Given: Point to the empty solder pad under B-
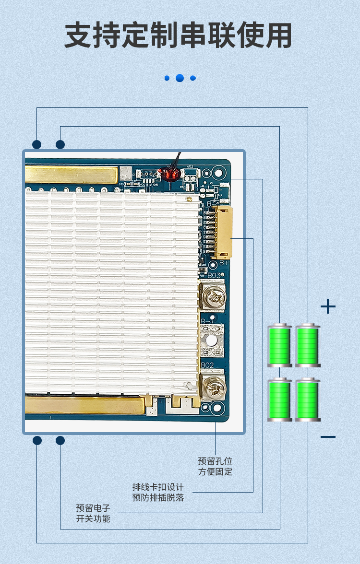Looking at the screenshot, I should click(211, 340).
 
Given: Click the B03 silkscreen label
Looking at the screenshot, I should click(214, 275).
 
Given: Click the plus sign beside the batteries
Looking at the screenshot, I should click(328, 306).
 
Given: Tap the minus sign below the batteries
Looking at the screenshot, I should click(328, 436).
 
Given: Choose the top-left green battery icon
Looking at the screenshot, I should click(280, 345).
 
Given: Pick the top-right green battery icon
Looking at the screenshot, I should click(308, 345).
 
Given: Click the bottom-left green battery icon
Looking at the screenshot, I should click(280, 400).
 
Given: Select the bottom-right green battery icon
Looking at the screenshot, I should click(308, 400).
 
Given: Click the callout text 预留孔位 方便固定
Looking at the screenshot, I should click(215, 466).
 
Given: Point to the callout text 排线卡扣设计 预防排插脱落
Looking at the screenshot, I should click(158, 492).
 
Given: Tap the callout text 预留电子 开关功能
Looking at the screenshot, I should click(93, 513).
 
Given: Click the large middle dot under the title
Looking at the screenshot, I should click(180, 78).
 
